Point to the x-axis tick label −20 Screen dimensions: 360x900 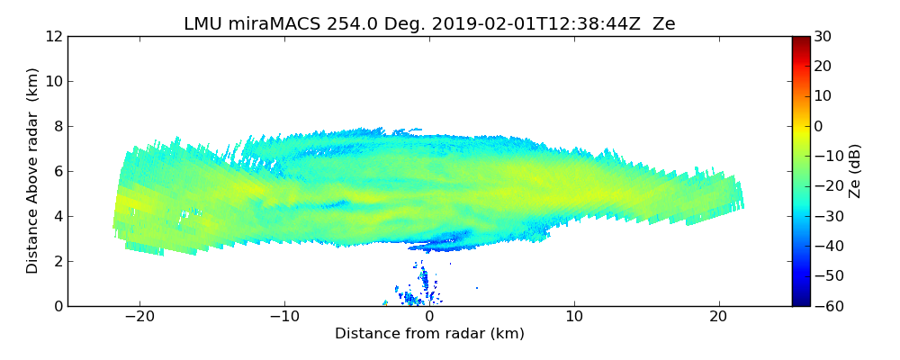[x=139, y=317]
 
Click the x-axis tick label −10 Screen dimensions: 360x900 [x=284, y=317]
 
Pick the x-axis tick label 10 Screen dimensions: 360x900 [x=574, y=317]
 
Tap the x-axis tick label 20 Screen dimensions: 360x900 [x=719, y=317]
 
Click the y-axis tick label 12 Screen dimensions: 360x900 [x=53, y=37]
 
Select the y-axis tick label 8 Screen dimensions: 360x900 [x=57, y=127]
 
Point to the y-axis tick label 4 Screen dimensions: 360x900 [x=57, y=217]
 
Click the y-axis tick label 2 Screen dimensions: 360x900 [x=57, y=262]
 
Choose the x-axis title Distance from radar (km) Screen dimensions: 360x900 [x=429, y=334]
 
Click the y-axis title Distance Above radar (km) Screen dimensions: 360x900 [x=33, y=171]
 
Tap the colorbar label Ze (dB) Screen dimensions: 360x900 [x=855, y=171]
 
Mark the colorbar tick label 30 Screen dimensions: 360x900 [x=821, y=37]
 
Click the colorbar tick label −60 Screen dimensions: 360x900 [x=823, y=307]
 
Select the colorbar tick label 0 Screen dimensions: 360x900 [x=817, y=127]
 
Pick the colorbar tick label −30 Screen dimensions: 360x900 [x=823, y=217]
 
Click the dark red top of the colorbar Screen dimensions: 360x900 [x=800, y=40]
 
